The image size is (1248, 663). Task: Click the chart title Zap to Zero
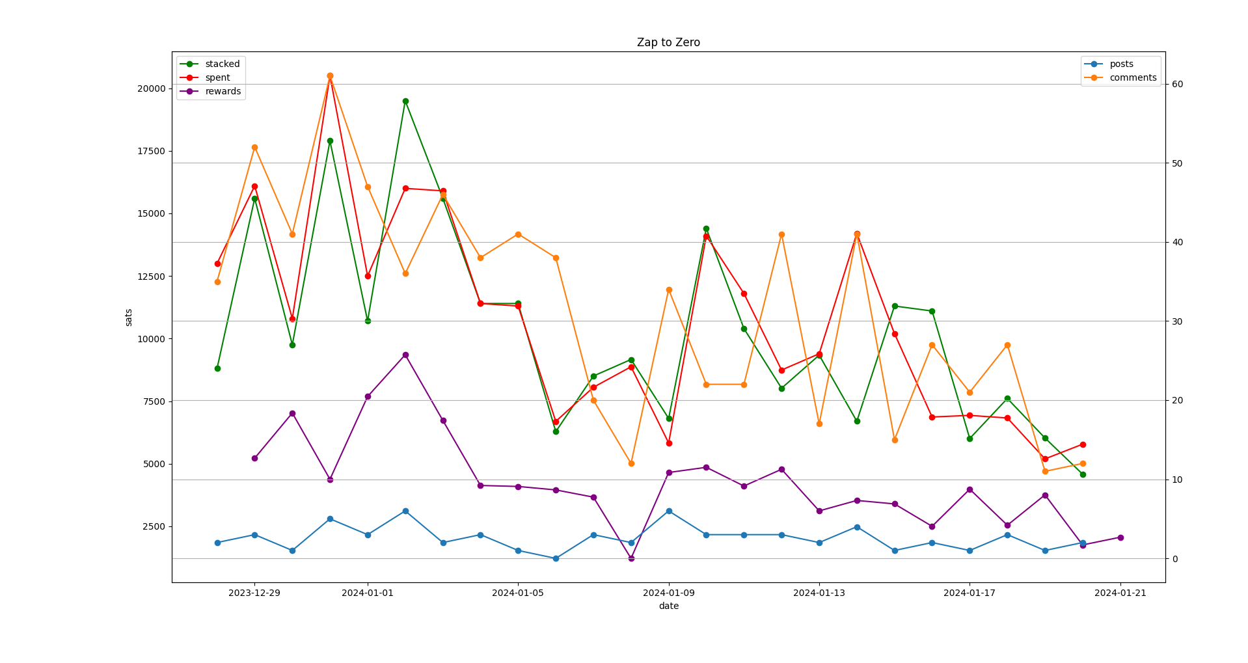668,42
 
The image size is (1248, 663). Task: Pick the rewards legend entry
210,91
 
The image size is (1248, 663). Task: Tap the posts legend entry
1109,64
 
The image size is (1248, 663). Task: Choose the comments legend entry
1120,77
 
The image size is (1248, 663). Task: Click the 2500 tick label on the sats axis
154,526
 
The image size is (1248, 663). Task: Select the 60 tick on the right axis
1177,84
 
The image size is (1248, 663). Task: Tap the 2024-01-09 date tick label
669,593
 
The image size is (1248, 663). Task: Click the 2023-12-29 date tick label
254,593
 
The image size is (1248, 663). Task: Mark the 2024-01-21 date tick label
1120,593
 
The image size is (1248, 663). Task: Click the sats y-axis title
128,318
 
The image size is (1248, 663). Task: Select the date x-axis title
668,606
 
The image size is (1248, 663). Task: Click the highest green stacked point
405,101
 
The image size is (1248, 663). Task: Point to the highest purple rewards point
405,355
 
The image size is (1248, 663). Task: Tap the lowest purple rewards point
631,558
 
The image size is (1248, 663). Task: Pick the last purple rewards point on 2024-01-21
1120,537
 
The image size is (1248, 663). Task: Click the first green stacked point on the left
217,368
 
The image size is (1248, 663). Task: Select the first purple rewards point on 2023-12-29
254,458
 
